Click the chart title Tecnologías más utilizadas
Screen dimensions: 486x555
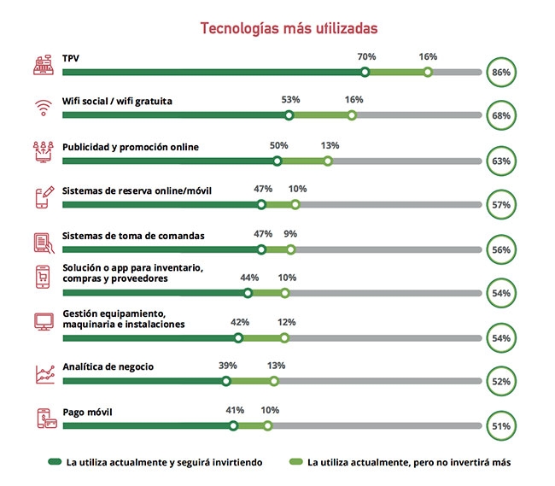pos(289,28)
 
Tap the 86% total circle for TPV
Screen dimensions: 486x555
pos(501,73)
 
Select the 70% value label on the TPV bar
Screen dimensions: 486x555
pos(366,56)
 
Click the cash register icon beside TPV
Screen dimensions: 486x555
pos(43,65)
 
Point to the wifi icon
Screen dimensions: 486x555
pos(43,108)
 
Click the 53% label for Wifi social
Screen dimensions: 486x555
pos(290,99)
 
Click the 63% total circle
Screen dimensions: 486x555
pos(501,161)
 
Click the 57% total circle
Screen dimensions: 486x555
pos(501,205)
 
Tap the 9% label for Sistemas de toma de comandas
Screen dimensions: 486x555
pos(290,233)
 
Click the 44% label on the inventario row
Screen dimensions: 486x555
pos(249,278)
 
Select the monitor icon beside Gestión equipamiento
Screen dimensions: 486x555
pos(43,322)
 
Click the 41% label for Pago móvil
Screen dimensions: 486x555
pos(235,410)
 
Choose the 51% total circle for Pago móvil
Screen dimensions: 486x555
pos(501,425)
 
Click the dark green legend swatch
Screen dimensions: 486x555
pos(55,462)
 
